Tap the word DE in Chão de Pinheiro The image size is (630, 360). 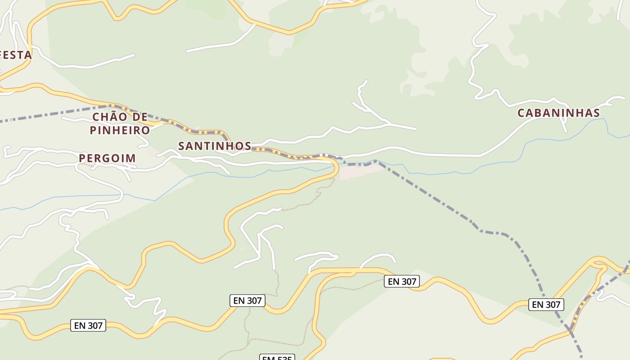(x=140, y=117)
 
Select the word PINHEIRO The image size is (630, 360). (x=120, y=130)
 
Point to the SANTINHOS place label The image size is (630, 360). (x=215, y=146)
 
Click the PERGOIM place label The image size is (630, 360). (x=107, y=158)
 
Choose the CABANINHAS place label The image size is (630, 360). (x=558, y=113)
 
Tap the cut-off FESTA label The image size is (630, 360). (x=16, y=55)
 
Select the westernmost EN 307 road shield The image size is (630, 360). (x=88, y=325)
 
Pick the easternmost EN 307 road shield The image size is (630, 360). (x=546, y=305)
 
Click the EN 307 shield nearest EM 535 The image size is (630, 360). (x=247, y=301)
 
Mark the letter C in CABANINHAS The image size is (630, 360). (x=521, y=113)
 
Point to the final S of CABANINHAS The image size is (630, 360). (x=596, y=113)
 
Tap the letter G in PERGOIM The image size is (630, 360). (x=108, y=158)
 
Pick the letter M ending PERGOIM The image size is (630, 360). (x=131, y=158)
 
